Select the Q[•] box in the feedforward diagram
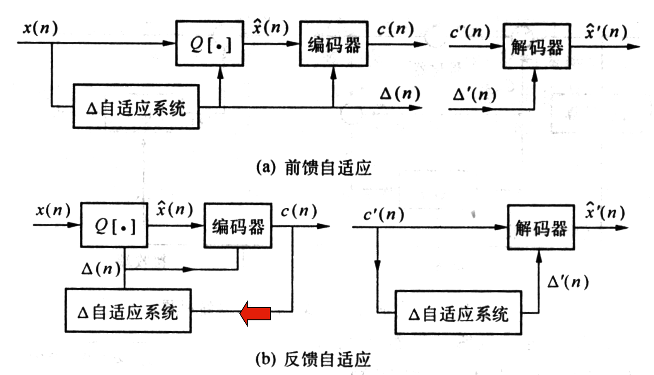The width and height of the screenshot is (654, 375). [210, 43]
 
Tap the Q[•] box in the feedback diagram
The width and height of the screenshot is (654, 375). [114, 225]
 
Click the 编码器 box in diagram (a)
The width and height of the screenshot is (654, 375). [334, 44]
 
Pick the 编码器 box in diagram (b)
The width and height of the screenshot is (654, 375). [238, 225]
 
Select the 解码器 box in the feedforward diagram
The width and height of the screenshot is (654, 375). [537, 46]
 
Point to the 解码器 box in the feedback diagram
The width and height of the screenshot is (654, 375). [541, 227]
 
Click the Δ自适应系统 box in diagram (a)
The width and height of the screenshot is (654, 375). [136, 107]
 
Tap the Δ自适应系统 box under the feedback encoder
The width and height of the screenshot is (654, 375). [128, 311]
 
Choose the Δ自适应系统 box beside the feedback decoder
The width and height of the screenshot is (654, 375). [458, 313]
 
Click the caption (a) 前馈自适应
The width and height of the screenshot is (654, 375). [313, 167]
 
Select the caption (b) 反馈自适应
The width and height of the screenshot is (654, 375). [313, 358]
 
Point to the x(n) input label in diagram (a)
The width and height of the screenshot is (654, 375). [40, 28]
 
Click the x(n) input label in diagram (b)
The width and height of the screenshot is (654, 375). [53, 210]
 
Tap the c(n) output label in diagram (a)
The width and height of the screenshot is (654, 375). [395, 29]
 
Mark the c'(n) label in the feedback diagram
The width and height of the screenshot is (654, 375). [384, 214]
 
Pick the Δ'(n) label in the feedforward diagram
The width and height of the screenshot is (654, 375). [474, 95]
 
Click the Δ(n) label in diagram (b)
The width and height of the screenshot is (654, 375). [101, 269]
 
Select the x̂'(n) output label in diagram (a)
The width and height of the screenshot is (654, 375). [606, 31]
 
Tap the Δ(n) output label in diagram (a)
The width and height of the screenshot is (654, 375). [400, 93]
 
